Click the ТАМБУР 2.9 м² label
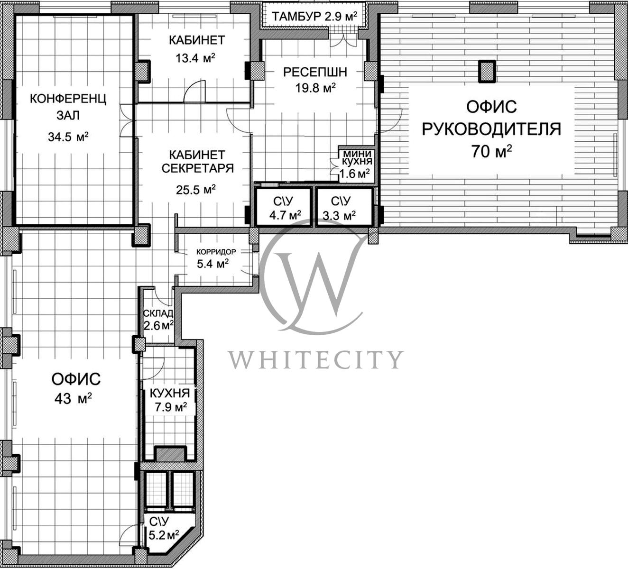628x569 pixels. (x=314, y=16)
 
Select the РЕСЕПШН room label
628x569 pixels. (x=315, y=72)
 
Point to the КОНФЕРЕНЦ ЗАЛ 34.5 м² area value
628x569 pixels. (x=68, y=137)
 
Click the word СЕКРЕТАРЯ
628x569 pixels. (x=197, y=168)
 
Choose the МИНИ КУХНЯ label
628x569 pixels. (x=357, y=157)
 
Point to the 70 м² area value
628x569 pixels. (x=492, y=151)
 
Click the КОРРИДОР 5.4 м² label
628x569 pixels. (x=215, y=259)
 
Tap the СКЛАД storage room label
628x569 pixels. (x=158, y=313)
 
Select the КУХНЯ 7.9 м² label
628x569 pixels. (x=170, y=400)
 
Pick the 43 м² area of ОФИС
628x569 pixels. (x=73, y=399)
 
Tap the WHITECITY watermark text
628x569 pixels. (x=315, y=359)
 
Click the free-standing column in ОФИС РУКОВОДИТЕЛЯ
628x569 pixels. (x=488, y=71)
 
